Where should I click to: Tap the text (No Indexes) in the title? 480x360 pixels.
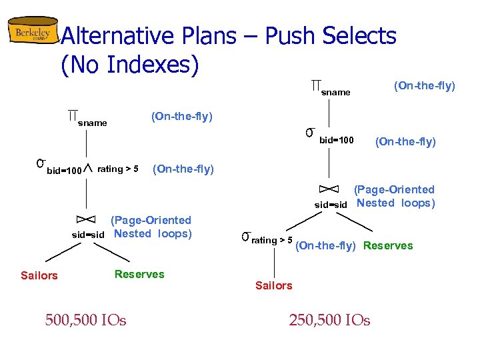tap(129, 65)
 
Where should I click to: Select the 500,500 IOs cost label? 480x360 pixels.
tap(85, 321)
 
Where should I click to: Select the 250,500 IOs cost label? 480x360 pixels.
tap(329, 321)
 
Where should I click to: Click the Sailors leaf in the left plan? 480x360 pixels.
tap(39, 275)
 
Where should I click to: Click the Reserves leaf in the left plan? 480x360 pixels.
tap(139, 274)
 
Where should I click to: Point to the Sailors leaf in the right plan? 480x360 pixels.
tap(273, 285)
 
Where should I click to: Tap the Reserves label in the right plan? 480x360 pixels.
tap(388, 245)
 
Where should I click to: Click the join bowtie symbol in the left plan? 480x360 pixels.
tap(86, 219)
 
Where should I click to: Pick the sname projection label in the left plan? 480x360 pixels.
tap(92, 123)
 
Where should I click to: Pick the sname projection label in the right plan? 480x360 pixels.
tap(335, 92)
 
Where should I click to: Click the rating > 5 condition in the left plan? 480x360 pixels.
tap(118, 169)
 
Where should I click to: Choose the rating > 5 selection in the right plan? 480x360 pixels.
tap(271, 240)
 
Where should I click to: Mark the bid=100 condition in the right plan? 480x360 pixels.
tap(337, 140)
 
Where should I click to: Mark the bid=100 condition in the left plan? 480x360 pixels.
tap(64, 171)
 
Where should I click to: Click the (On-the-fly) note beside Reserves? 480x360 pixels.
tap(325, 245)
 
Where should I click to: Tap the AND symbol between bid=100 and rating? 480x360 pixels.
tap(89, 170)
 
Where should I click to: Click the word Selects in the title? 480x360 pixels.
tap(361, 36)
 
